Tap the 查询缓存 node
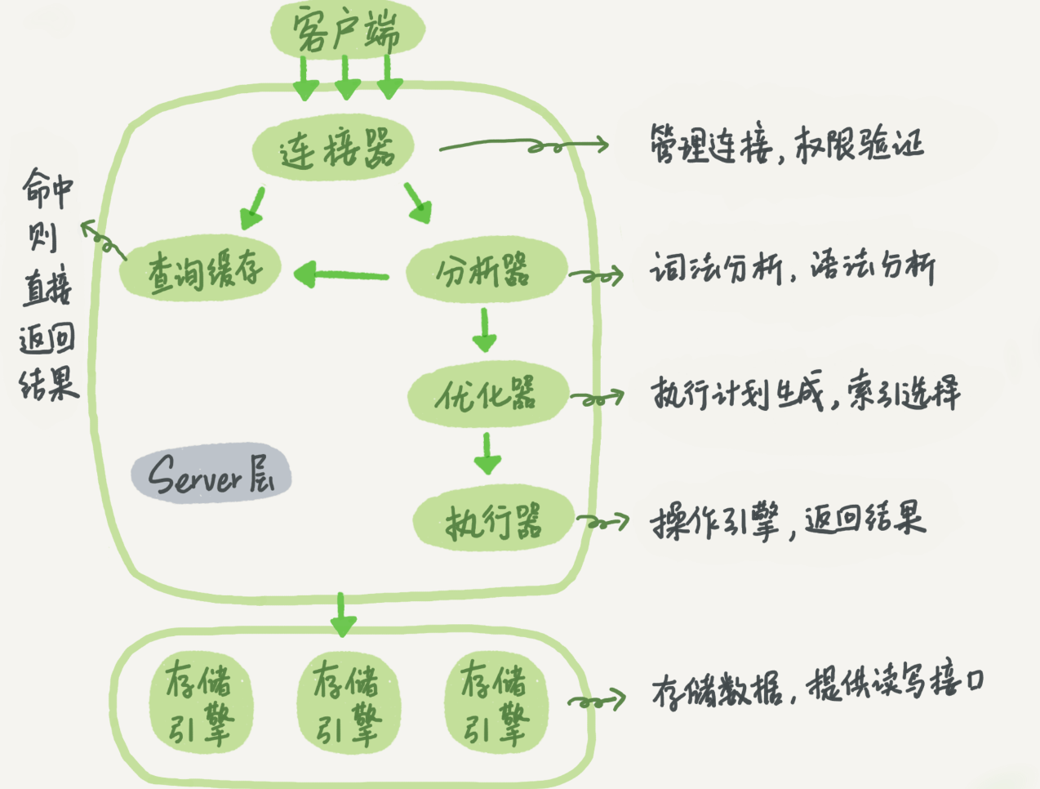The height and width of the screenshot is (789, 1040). pos(202,269)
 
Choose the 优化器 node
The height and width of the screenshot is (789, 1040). pos(487,395)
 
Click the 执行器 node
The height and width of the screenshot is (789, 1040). pos(492,520)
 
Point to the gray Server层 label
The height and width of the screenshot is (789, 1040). pos(211,474)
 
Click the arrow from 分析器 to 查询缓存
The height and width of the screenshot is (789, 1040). pos(341,274)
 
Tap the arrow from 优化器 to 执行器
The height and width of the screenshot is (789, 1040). pos(487,453)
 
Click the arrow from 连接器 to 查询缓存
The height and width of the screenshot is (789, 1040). pos(253,207)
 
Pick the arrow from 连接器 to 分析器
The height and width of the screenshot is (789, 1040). pos(417,203)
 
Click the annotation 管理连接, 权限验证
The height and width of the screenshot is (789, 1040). pos(785,145)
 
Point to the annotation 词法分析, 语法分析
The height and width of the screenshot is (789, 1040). pos(792,268)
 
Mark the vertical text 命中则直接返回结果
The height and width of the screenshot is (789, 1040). pos(47,286)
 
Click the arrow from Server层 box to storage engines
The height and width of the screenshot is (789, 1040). pos(342,615)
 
